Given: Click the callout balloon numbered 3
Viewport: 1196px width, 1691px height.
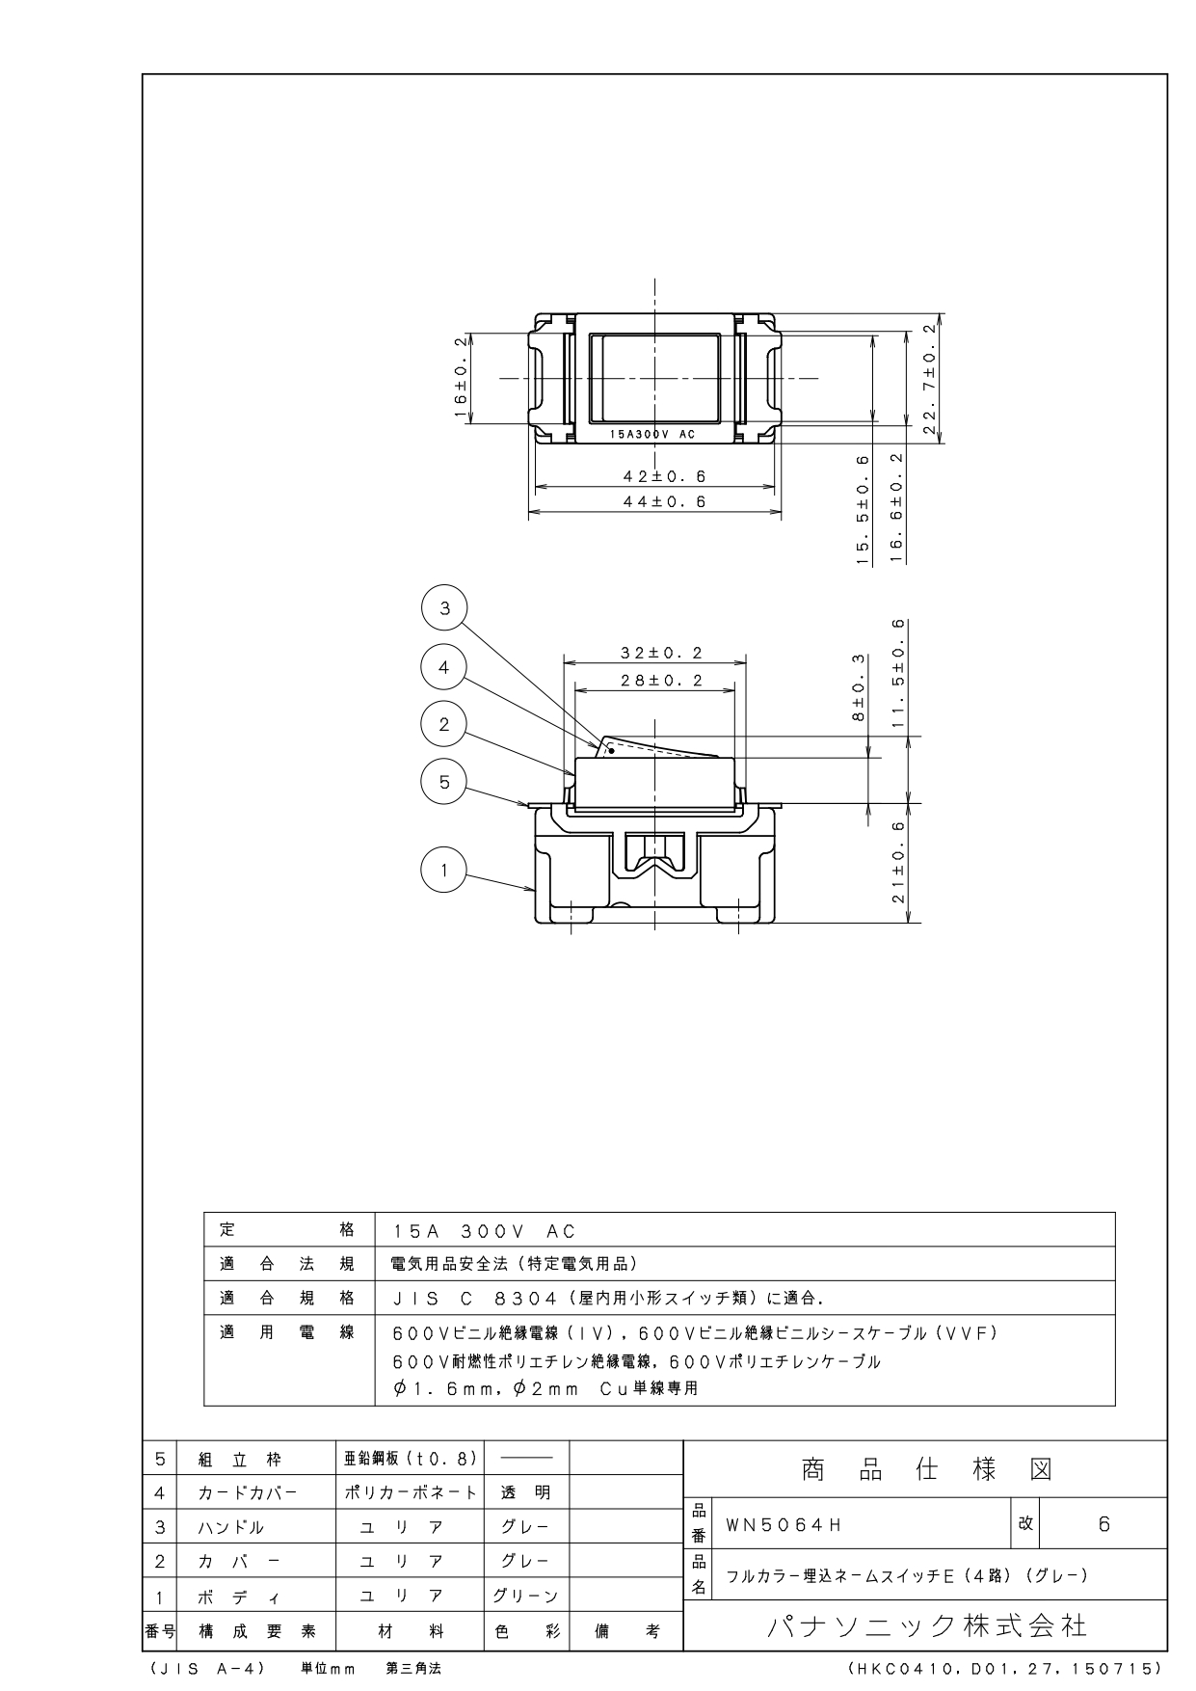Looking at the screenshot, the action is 444,608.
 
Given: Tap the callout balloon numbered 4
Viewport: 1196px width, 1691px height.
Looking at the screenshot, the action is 444,667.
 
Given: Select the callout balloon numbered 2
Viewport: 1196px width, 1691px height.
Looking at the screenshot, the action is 444,724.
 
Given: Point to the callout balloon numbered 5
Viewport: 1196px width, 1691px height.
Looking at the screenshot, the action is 444,781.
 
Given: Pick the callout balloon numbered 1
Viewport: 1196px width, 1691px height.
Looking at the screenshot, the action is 444,871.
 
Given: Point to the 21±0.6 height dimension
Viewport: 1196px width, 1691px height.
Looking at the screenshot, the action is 898,863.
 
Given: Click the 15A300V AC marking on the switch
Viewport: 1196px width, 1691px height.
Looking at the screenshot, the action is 652,435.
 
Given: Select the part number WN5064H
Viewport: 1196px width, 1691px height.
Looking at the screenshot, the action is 784,1524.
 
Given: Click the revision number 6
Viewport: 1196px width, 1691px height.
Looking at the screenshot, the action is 1104,1524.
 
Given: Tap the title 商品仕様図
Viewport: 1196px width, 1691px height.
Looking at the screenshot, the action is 926,1470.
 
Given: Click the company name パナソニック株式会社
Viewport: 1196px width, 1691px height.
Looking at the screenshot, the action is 926,1626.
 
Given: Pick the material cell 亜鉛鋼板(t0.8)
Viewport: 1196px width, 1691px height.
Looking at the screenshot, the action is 411,1459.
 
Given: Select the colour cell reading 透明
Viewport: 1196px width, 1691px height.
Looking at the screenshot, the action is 525,1492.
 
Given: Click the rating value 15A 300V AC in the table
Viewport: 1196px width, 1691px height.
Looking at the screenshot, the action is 485,1231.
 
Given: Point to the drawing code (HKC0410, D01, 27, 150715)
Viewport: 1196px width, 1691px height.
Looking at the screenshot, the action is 1006,1668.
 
